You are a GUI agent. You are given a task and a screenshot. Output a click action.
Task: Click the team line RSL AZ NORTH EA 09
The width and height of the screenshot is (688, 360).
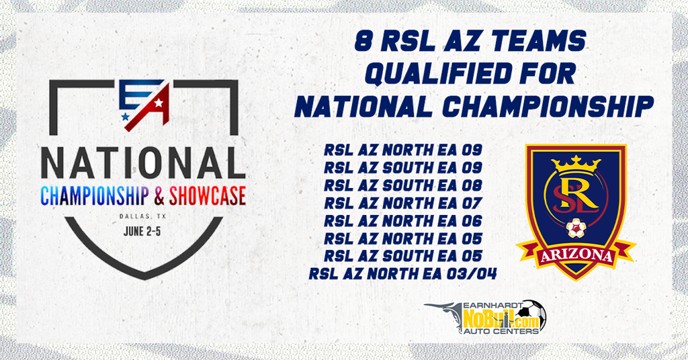click(403, 150)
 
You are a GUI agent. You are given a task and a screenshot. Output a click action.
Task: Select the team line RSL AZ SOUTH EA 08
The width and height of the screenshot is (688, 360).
click(403, 185)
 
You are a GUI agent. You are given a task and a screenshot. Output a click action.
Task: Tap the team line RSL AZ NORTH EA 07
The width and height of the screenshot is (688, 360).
click(403, 204)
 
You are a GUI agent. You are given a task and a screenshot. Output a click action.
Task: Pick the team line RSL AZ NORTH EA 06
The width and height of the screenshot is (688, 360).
click(403, 221)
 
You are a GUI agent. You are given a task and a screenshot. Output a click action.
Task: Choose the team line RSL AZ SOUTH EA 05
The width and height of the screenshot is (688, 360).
click(403, 256)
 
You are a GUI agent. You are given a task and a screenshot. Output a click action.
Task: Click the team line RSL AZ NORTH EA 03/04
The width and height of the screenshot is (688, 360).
click(403, 274)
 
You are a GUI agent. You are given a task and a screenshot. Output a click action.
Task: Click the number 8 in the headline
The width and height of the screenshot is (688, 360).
click(362, 41)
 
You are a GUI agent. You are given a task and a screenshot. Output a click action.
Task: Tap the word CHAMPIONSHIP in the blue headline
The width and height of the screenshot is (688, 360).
click(548, 107)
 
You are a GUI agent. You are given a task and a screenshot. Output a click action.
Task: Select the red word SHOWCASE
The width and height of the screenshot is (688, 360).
click(207, 196)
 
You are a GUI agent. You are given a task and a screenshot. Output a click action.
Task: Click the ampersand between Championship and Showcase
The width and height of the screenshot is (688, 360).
click(159, 196)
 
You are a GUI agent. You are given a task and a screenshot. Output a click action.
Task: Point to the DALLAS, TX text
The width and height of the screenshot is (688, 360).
click(142, 216)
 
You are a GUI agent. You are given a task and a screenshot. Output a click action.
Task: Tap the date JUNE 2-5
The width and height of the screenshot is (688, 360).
click(142, 231)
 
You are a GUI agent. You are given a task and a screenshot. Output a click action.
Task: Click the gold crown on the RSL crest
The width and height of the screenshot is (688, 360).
click(576, 165)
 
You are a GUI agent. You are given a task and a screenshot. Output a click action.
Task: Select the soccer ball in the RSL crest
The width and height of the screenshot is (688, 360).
click(576, 228)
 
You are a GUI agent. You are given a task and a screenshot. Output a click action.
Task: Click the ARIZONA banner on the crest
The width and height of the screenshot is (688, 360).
click(576, 256)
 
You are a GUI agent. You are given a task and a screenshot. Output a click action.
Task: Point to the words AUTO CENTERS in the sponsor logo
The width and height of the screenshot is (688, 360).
click(501, 331)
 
